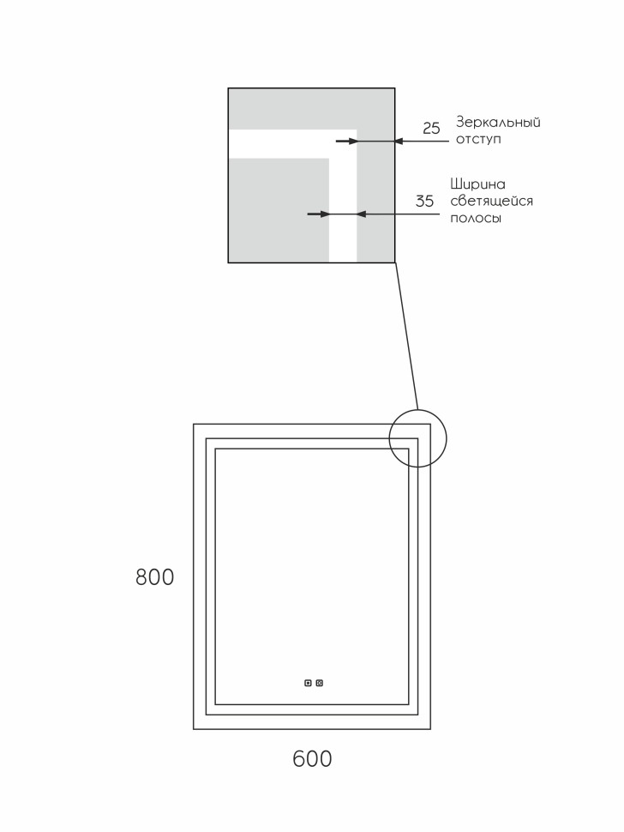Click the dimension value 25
coord(431,129)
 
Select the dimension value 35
coord(424,202)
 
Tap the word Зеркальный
coord(498,122)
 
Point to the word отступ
coord(478,139)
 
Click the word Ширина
coord(477,184)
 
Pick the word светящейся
coord(491,201)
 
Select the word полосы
coord(475,218)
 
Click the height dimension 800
coord(155,577)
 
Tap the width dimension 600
coord(312,759)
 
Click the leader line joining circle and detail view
coord(406,335)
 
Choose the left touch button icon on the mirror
coord(308,683)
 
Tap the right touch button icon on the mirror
coord(320,683)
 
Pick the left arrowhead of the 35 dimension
coord(325,214)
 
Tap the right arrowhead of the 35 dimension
coord(361,214)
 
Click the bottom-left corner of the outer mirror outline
coord(194,729)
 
